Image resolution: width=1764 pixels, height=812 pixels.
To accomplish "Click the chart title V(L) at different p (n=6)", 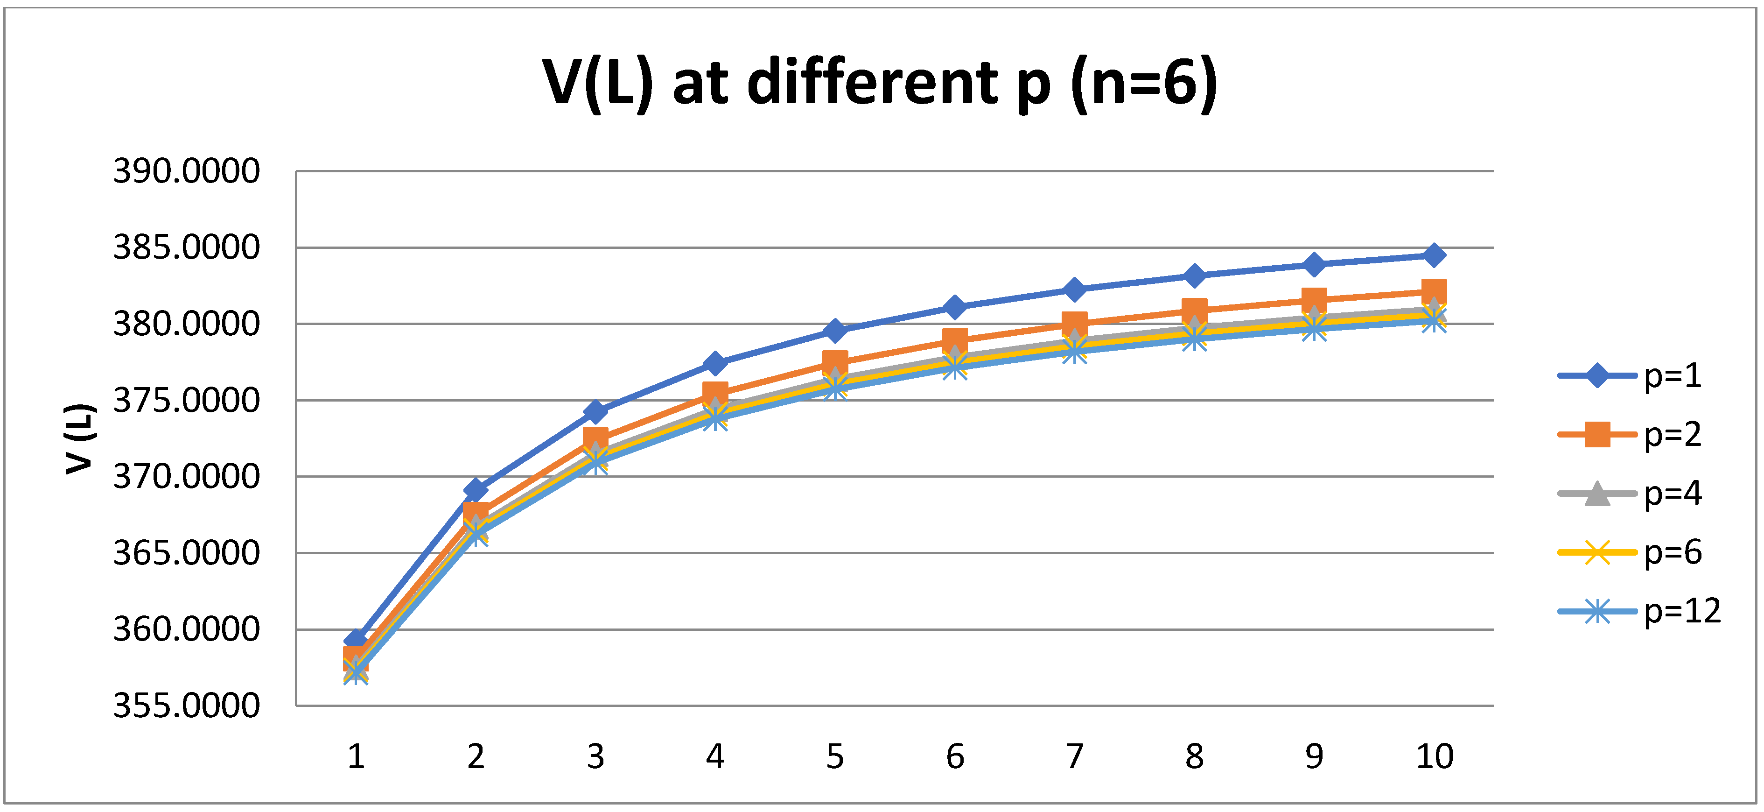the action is click(x=880, y=83).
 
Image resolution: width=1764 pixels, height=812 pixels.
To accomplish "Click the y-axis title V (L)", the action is click(x=79, y=438).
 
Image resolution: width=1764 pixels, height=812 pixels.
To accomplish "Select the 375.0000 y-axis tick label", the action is click(x=186, y=400).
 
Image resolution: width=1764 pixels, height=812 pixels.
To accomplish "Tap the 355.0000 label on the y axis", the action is click(x=186, y=705).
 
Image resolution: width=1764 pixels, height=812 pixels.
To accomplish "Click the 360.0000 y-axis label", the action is click(x=186, y=629).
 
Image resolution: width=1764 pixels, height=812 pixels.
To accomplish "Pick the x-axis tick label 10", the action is click(x=1434, y=756).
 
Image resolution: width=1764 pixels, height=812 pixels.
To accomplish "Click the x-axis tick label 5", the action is click(x=835, y=756).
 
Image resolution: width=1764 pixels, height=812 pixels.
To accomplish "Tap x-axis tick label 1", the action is click(x=356, y=756).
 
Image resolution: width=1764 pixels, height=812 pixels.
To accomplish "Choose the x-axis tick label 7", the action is click(x=1074, y=756).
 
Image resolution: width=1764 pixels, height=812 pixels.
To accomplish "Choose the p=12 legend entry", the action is click(x=1639, y=611).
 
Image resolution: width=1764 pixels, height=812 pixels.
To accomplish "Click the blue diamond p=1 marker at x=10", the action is click(x=1434, y=255).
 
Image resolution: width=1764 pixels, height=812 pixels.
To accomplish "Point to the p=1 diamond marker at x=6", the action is click(x=955, y=306).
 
